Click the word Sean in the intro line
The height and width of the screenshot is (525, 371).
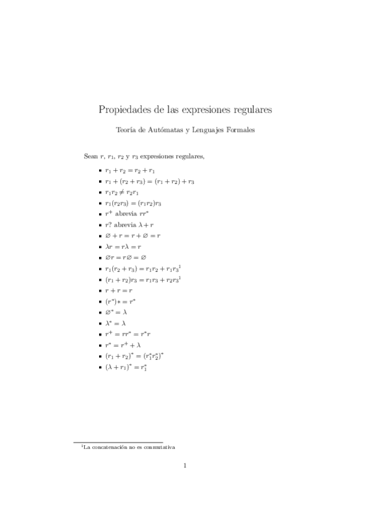pyautogui.click(x=91, y=155)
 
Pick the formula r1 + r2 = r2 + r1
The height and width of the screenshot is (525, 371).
pyautogui.click(x=129, y=170)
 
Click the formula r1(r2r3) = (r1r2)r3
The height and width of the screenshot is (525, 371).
pyautogui.click(x=133, y=203)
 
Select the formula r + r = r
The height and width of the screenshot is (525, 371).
pyautogui.click(x=119, y=290)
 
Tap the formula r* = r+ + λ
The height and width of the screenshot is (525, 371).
pyautogui.click(x=123, y=345)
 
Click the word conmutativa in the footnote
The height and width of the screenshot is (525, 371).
pyautogui.click(x=158, y=446)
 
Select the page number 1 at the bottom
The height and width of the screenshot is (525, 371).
pyautogui.click(x=185, y=466)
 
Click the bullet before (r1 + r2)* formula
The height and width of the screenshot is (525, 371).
pyautogui.click(x=100, y=357)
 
